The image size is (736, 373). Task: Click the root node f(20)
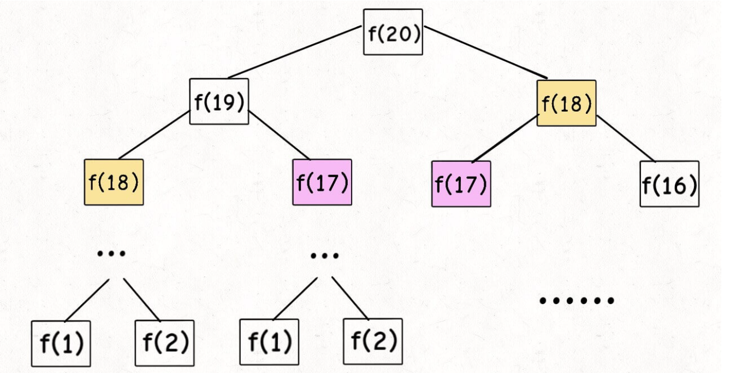(x=393, y=32)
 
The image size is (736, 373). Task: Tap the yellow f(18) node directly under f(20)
(x=566, y=103)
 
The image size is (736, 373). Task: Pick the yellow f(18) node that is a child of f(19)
(x=114, y=182)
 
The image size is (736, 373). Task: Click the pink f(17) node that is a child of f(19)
(x=322, y=182)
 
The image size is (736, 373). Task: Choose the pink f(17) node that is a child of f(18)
(x=461, y=184)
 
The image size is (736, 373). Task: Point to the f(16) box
(x=669, y=184)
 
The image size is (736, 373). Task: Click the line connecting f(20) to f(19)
(x=295, y=52)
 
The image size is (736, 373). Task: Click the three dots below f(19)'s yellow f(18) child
(x=111, y=253)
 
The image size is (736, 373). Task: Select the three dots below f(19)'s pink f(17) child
(x=324, y=255)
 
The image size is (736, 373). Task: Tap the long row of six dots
(x=577, y=300)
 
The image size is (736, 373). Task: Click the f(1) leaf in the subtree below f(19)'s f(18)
(x=61, y=343)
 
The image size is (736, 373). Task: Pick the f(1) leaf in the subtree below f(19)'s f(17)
(x=269, y=342)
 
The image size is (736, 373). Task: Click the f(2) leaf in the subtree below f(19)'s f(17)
(x=373, y=341)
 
